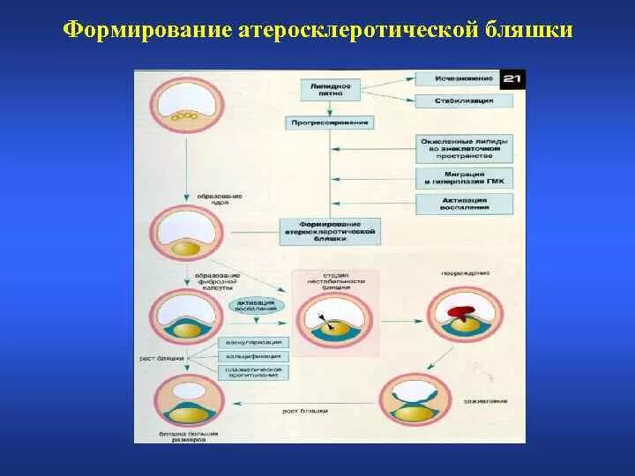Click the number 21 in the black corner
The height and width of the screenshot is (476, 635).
[512, 79]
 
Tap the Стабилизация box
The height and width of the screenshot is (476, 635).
[463, 100]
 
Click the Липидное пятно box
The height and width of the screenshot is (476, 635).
[331, 89]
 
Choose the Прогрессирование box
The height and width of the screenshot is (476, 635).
[328, 122]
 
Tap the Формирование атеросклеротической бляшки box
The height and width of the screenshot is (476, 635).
[328, 231]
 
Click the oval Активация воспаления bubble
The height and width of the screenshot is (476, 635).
[257, 305]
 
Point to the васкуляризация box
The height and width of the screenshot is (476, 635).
[252, 341]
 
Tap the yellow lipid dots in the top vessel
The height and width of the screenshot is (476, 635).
[185, 115]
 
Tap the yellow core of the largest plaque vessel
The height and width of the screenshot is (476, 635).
[186, 413]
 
